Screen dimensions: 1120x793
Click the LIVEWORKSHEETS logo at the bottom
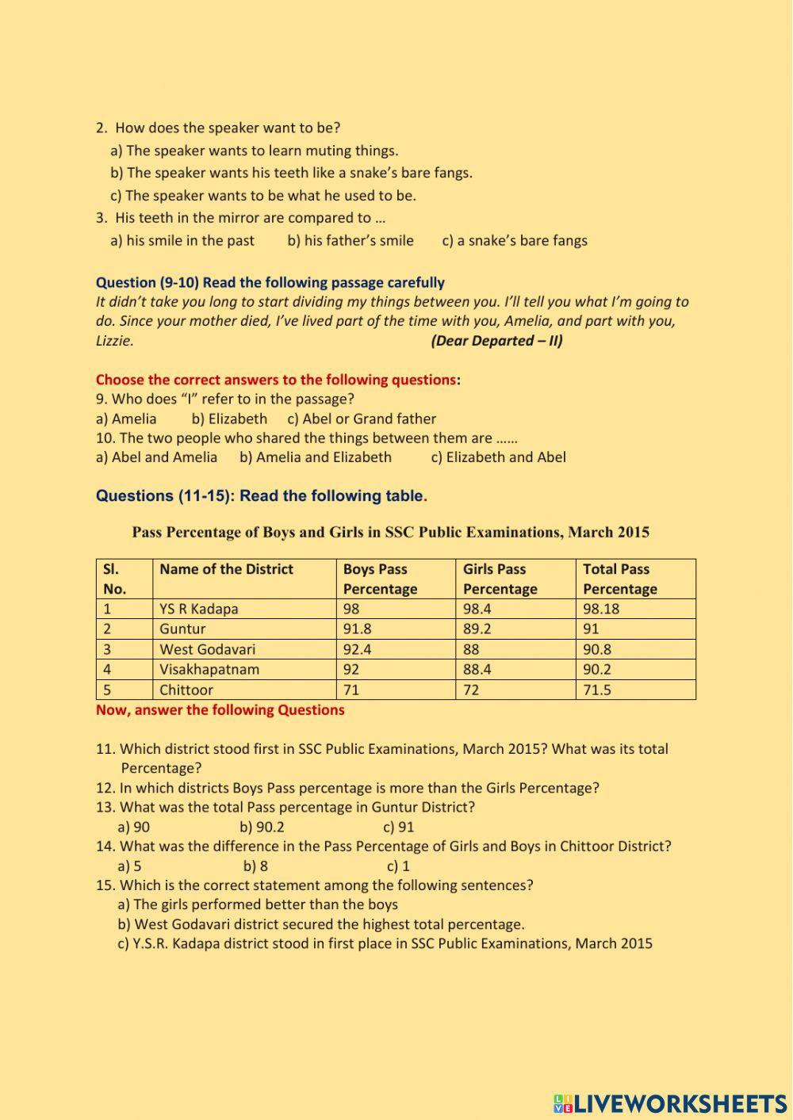tap(669, 1103)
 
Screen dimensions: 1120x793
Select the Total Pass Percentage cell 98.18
tap(601, 609)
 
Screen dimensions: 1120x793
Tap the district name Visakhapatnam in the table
tap(209, 669)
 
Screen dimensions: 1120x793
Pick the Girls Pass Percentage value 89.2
tap(477, 629)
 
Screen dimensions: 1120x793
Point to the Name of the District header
tap(226, 569)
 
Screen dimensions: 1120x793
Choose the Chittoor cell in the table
tap(186, 690)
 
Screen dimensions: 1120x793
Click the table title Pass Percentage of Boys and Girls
tap(390, 532)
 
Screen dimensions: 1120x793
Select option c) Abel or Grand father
tap(362, 419)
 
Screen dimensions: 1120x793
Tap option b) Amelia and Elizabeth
tap(316, 457)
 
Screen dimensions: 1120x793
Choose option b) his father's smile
tap(351, 240)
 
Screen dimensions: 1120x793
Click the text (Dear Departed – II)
tap(496, 341)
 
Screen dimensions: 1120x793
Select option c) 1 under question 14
tap(398, 866)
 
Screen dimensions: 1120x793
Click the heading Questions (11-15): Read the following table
tap(261, 496)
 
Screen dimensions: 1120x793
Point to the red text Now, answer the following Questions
tap(220, 710)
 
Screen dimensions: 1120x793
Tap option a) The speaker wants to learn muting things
tap(255, 151)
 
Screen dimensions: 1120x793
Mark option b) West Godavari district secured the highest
tap(321, 924)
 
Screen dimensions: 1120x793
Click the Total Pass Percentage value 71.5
tap(597, 690)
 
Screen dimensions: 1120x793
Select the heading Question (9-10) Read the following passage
tap(270, 282)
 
